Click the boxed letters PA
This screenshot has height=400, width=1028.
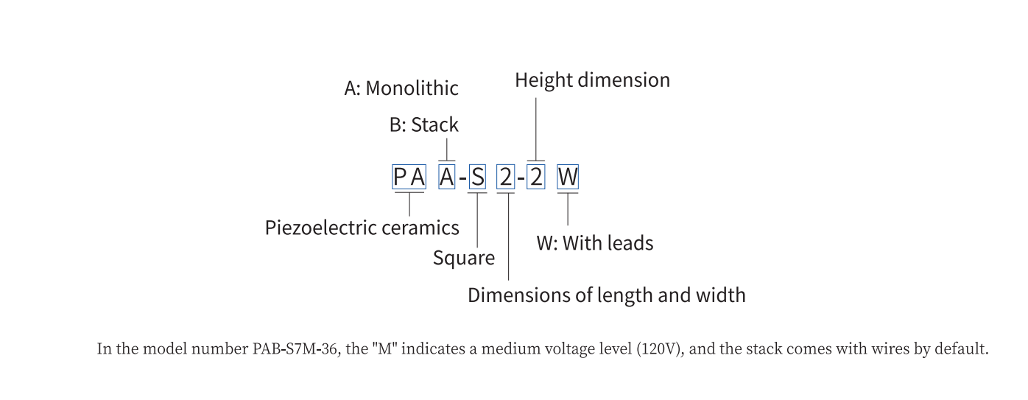click(x=409, y=178)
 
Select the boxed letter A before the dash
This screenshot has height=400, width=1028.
click(x=447, y=178)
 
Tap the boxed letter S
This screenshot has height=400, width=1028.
click(x=478, y=178)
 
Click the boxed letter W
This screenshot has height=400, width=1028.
click(x=568, y=178)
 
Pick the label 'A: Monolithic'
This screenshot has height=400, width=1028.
click(x=401, y=88)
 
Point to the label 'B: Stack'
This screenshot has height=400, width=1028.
click(x=423, y=125)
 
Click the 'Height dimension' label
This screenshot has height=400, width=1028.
click(x=592, y=80)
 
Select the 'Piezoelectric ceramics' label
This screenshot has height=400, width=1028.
click(x=362, y=228)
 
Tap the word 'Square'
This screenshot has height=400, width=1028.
click(x=464, y=259)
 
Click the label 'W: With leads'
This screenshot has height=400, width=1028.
click(x=594, y=243)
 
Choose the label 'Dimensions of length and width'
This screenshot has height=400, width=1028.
click(x=606, y=295)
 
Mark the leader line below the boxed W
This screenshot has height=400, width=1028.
click(x=568, y=210)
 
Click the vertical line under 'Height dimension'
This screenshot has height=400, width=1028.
click(x=536, y=125)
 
